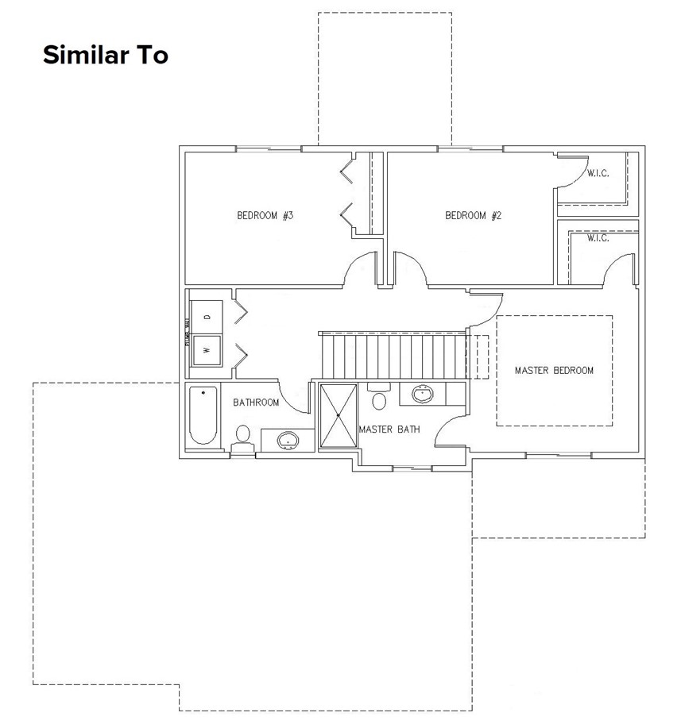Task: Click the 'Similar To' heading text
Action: click(x=105, y=56)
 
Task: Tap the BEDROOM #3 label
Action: click(x=265, y=215)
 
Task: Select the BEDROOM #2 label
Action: click(x=474, y=215)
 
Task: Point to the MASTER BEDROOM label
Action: click(x=554, y=370)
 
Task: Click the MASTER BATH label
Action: click(x=389, y=429)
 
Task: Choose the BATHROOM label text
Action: click(x=256, y=403)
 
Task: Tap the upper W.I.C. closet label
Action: click(x=598, y=174)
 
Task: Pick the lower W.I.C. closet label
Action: click(x=598, y=238)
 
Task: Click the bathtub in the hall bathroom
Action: click(x=203, y=416)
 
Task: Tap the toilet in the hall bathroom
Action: click(x=242, y=436)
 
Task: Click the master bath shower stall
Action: click(x=338, y=415)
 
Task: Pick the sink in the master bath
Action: click(x=423, y=393)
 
